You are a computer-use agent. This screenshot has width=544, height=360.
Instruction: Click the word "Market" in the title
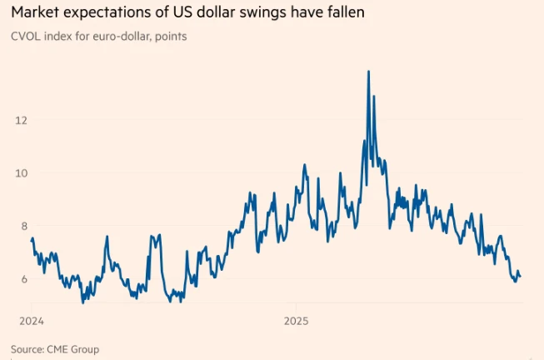tap(35, 13)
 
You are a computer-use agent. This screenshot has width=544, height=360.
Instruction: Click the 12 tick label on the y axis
tap(21, 120)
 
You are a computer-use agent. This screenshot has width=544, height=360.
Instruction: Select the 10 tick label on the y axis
tap(21, 172)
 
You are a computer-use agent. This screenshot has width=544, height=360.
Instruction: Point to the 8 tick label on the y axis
tap(23, 226)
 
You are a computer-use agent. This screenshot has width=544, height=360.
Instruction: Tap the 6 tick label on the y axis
tap(23, 278)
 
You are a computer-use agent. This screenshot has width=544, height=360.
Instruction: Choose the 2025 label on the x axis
tap(296, 320)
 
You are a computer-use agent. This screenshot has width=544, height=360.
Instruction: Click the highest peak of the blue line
tap(368, 72)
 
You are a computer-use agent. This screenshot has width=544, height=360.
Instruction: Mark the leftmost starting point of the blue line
tap(31, 240)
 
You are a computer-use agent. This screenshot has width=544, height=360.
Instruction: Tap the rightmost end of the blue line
tap(521, 276)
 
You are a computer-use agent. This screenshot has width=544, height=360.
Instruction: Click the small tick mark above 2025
tap(284, 307)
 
